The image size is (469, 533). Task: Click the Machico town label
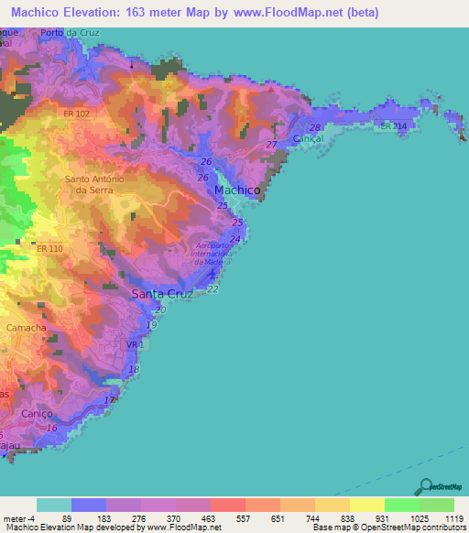(x=237, y=190)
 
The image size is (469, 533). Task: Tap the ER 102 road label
(x=76, y=114)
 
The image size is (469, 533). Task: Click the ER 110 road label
(x=50, y=248)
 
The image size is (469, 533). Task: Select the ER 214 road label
(x=393, y=125)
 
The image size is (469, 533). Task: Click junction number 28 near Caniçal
(x=315, y=127)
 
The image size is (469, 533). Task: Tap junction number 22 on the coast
(x=213, y=288)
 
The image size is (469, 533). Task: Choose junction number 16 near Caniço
(x=51, y=428)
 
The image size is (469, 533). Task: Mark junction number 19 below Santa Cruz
(x=152, y=325)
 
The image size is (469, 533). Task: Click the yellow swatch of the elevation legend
(x=366, y=505)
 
